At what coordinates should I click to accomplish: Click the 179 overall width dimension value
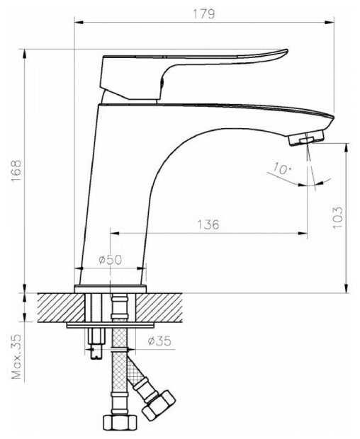coord(204,13)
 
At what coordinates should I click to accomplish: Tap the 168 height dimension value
coord(16,171)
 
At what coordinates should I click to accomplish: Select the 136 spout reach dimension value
coord(208,224)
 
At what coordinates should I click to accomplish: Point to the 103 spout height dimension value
coord(338,217)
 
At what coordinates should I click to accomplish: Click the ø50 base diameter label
coord(111,260)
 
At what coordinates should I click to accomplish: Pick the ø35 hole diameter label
coord(159,341)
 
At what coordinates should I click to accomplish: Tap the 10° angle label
coord(282,169)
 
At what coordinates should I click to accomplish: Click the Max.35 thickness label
coord(16,356)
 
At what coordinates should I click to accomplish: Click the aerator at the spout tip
coord(306,138)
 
